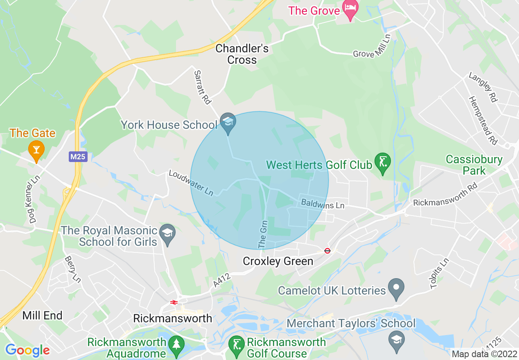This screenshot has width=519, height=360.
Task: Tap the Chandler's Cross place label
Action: pyautogui.click(x=242, y=54)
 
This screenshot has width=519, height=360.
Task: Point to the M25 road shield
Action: pyautogui.click(x=78, y=157)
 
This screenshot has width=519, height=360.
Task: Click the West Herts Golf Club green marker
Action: pyautogui.click(x=383, y=164)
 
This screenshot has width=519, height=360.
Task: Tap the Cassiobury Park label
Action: pyautogui.click(x=474, y=165)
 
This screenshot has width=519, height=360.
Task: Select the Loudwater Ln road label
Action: pyautogui.click(x=191, y=183)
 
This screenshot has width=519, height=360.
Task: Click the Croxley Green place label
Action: pyautogui.click(x=278, y=261)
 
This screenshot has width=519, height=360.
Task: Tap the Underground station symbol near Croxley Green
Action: pyautogui.click(x=327, y=250)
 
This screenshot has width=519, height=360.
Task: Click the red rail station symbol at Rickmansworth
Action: pyautogui.click(x=174, y=302)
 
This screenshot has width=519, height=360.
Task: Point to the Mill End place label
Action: pyautogui.click(x=42, y=315)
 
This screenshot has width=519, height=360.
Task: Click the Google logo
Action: pyautogui.click(x=27, y=350)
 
